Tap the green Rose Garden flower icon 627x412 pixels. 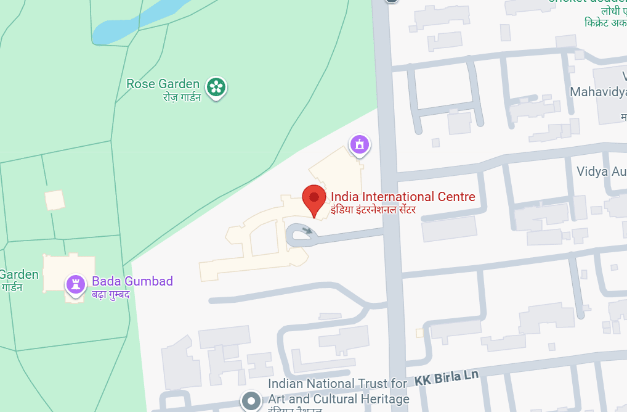click(x=216, y=86)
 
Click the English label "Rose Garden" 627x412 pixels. click(x=163, y=84)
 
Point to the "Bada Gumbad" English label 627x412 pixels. click(x=132, y=281)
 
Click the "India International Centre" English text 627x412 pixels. click(x=403, y=197)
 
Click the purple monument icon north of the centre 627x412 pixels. click(x=359, y=145)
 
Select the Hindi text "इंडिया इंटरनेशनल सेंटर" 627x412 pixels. click(x=373, y=210)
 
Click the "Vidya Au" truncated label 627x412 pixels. click(x=601, y=171)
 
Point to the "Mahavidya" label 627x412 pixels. click(x=598, y=92)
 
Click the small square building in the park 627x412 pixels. click(x=55, y=200)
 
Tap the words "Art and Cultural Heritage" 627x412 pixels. click(x=339, y=399)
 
